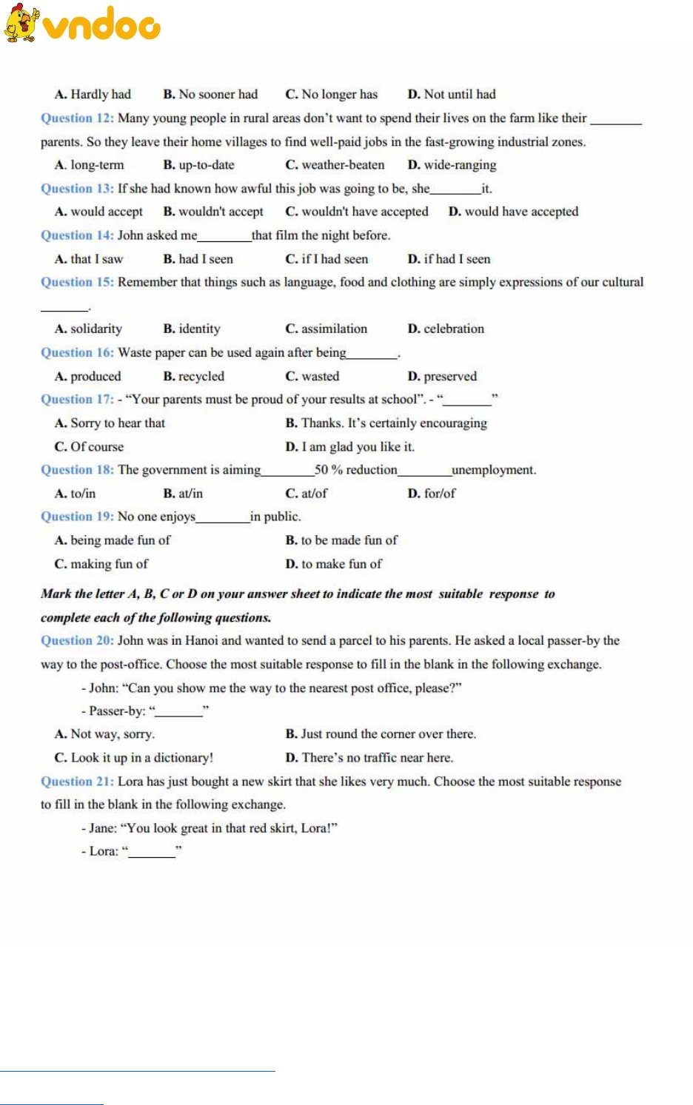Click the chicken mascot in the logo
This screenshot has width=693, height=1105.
21,23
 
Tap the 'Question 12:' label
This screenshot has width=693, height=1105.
77,118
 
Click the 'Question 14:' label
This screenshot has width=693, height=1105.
77,235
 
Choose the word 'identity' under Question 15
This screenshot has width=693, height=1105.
199,329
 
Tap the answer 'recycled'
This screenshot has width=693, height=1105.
201,376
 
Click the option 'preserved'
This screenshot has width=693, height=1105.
450,376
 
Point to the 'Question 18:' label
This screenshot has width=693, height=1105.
77,469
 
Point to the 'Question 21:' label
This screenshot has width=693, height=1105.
77,781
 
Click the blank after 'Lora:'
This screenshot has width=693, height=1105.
152,853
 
